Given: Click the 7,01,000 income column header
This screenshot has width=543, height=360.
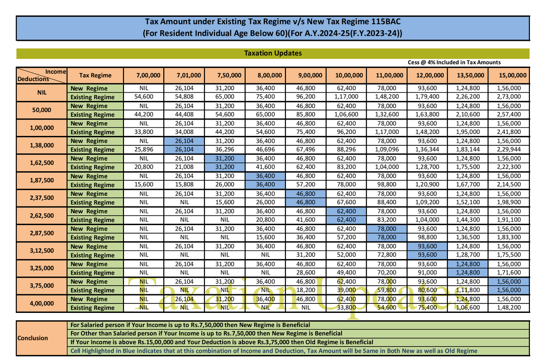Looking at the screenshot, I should [x=184, y=75].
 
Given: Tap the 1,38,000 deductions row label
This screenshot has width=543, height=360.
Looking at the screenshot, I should [x=42, y=145].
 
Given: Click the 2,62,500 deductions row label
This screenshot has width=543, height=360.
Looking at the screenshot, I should [x=42, y=216].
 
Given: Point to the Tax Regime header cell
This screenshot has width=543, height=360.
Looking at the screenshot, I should [x=95, y=75].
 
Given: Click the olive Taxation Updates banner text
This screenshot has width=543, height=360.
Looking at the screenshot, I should [x=273, y=53].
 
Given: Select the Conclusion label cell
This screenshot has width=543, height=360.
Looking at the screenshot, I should [x=33, y=338].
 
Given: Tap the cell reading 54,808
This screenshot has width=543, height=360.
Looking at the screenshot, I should [x=184, y=97].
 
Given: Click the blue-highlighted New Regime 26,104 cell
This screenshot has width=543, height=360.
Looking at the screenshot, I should [x=184, y=141].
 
